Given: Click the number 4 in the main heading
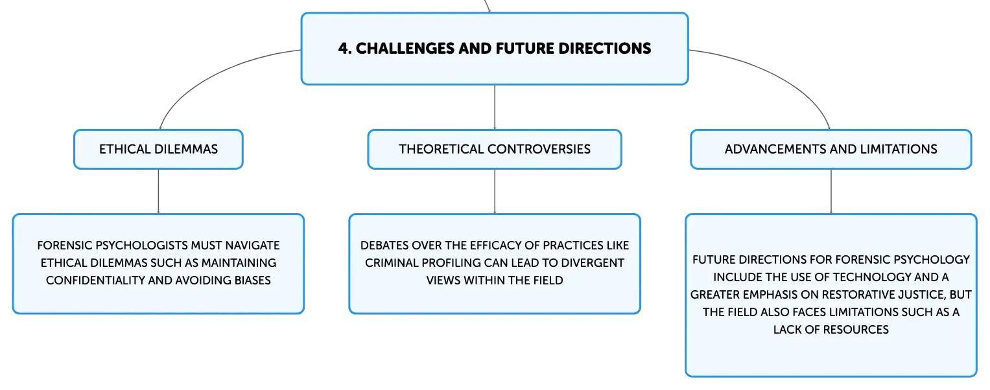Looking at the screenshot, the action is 344,48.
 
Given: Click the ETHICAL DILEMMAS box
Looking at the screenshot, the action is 158,149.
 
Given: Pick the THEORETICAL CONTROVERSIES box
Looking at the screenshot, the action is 495,149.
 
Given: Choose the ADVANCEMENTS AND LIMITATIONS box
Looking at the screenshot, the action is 831,149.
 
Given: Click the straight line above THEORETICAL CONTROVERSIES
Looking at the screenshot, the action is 495,107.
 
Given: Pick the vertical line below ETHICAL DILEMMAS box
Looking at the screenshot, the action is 158,192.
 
